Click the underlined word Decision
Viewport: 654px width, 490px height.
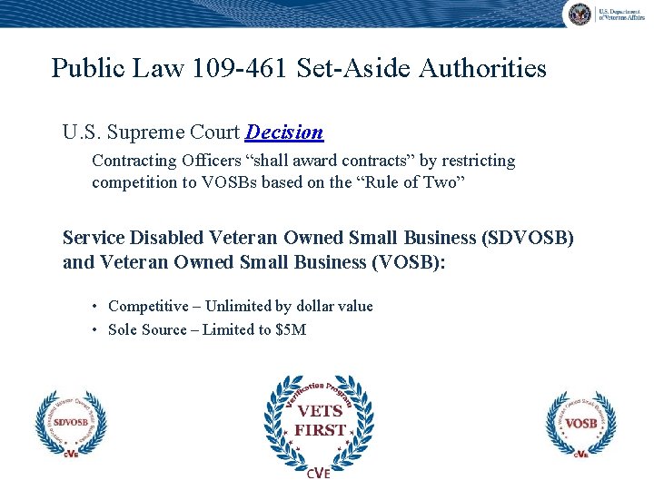[284, 132]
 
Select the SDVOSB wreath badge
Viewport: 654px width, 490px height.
[70, 424]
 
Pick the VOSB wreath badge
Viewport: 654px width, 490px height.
[580, 424]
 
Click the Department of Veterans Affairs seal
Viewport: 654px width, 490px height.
[579, 14]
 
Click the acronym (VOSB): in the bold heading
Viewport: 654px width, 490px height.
[401, 263]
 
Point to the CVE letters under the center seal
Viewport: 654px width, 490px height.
[318, 473]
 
